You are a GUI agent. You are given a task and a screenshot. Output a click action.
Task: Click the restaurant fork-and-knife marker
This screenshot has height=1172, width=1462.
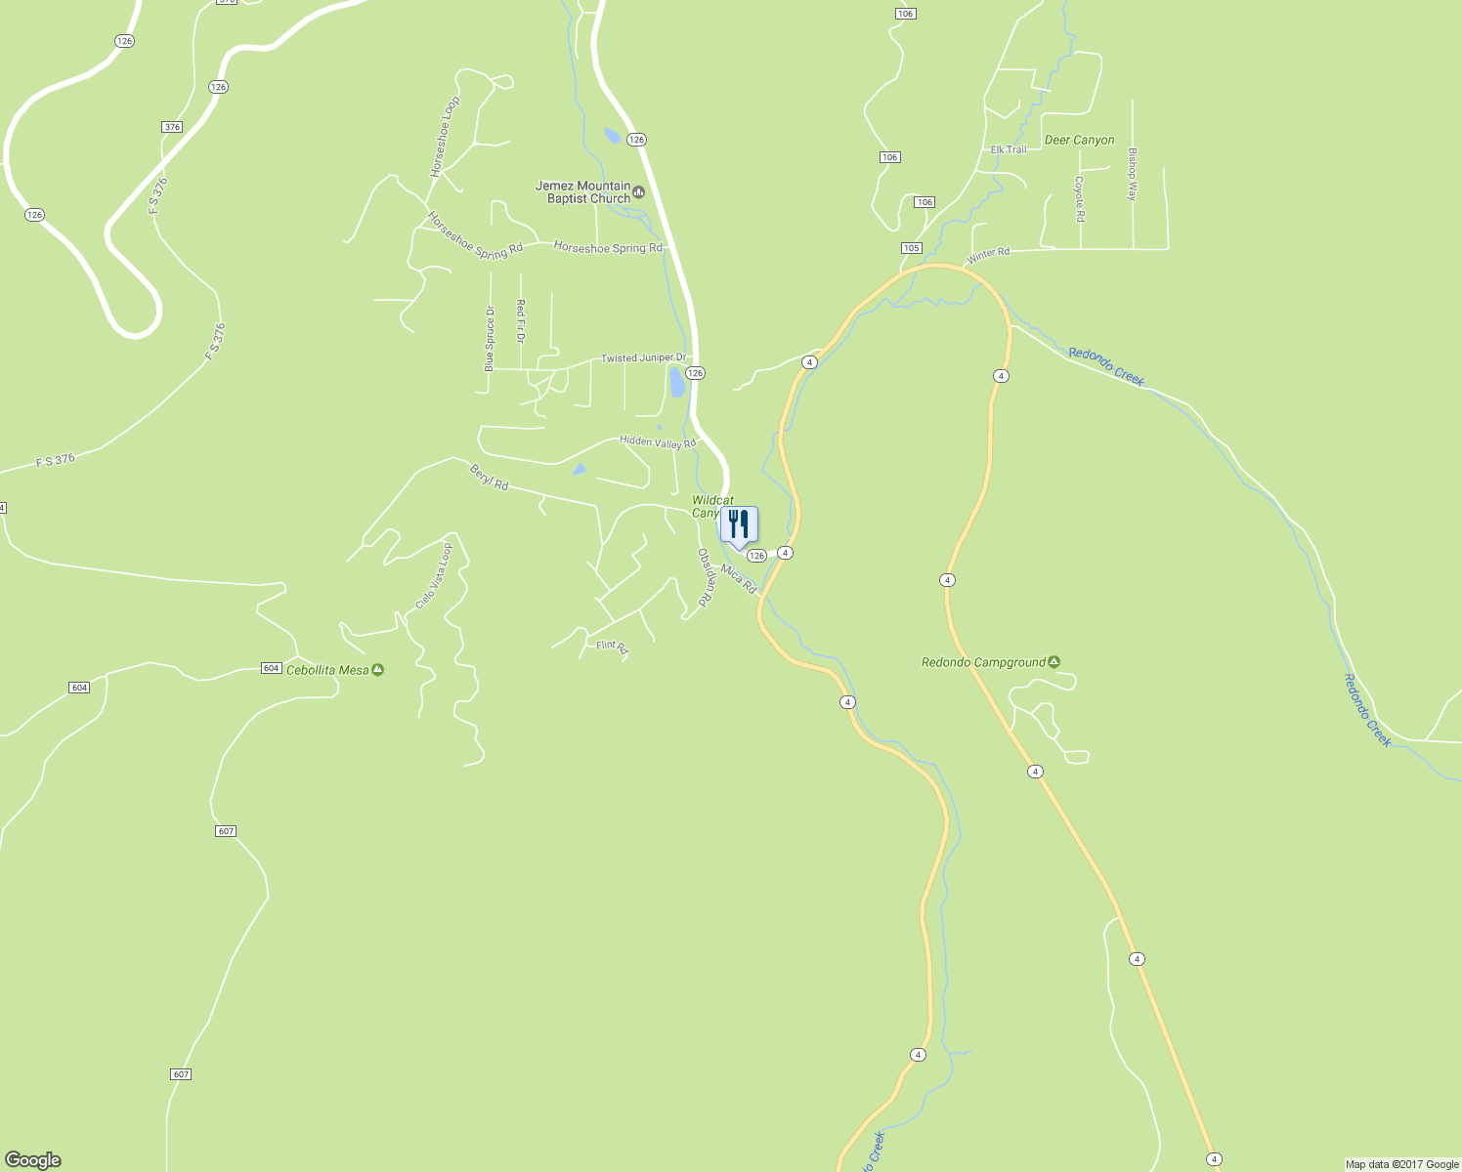point(739,524)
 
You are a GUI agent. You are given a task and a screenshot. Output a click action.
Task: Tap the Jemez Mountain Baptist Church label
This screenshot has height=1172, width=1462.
point(583,192)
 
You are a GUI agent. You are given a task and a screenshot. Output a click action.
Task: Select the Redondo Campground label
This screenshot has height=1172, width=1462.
point(984,662)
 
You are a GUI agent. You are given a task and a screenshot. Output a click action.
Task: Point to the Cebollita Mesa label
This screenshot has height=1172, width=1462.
point(327,670)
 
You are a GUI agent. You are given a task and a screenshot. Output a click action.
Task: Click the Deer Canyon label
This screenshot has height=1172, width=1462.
point(1079,140)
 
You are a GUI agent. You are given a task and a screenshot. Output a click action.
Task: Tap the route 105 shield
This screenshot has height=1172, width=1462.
point(911,248)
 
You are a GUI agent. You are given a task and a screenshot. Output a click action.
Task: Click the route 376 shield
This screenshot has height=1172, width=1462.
point(172,127)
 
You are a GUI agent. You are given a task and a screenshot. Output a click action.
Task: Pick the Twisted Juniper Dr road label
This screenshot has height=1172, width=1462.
point(643,358)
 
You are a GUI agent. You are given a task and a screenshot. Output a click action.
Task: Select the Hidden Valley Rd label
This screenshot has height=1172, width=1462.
point(658,441)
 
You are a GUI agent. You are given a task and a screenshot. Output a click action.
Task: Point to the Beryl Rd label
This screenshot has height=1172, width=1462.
point(489,478)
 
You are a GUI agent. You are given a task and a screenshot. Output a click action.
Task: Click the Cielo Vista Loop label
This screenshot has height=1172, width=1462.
point(434,576)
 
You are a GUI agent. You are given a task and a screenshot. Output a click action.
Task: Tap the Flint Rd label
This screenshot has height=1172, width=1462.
point(612,646)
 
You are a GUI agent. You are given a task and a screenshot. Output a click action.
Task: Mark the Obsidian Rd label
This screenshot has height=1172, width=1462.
point(706,578)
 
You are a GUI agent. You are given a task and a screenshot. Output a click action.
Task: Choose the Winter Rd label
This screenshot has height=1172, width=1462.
point(988,254)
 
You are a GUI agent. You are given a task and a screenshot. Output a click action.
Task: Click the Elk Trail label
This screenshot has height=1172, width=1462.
point(1009,149)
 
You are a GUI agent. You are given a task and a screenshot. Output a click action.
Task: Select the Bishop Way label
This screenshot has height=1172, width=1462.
point(1133,175)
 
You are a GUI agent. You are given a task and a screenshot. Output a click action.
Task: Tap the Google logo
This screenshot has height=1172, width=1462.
point(33,1160)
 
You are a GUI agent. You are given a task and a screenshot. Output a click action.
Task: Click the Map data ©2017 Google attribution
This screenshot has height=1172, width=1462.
point(1401,1164)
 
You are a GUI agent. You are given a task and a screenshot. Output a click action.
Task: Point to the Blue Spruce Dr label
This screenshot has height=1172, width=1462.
point(490,338)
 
